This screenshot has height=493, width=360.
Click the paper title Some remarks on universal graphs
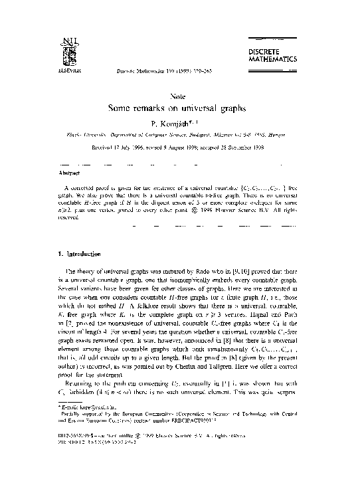coord(179,109)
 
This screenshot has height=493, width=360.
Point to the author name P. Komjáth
coord(179,123)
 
